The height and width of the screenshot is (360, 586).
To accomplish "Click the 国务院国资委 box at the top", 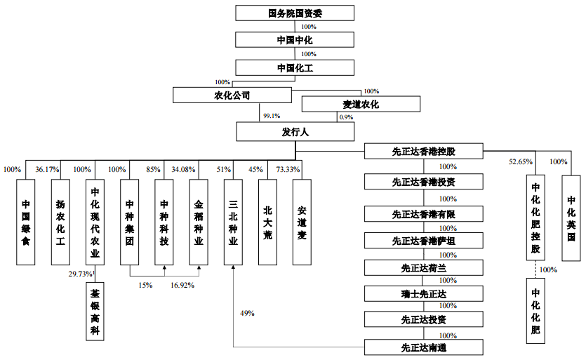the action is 295,13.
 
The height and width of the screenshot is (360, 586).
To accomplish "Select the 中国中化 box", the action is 295,39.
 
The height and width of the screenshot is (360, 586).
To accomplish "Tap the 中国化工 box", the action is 295,67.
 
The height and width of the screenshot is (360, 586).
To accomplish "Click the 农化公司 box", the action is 232,95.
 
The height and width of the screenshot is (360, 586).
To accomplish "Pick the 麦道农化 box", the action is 361,104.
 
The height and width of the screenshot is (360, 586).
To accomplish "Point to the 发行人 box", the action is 295,132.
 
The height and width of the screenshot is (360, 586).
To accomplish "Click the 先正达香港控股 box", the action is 423,152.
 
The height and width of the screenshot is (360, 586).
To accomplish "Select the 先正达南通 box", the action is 423,347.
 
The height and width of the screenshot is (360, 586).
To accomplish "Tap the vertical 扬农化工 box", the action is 60,222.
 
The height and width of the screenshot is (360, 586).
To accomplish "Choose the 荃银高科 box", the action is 95,312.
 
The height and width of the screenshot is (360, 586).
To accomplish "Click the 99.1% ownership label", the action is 272,116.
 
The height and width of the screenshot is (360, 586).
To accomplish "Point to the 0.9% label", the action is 346,117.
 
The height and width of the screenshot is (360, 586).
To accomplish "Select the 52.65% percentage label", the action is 521,162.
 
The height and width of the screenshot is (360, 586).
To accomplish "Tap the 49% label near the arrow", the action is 247,313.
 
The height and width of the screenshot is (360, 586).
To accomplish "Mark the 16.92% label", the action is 182,285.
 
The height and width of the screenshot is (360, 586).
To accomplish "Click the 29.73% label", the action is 80,274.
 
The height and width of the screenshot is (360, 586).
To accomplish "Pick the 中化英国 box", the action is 571,218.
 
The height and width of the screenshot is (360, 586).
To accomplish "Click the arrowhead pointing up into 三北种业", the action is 233,267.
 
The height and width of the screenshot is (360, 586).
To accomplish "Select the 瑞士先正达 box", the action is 423,294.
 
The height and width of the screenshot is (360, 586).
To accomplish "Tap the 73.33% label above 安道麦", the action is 288,170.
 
